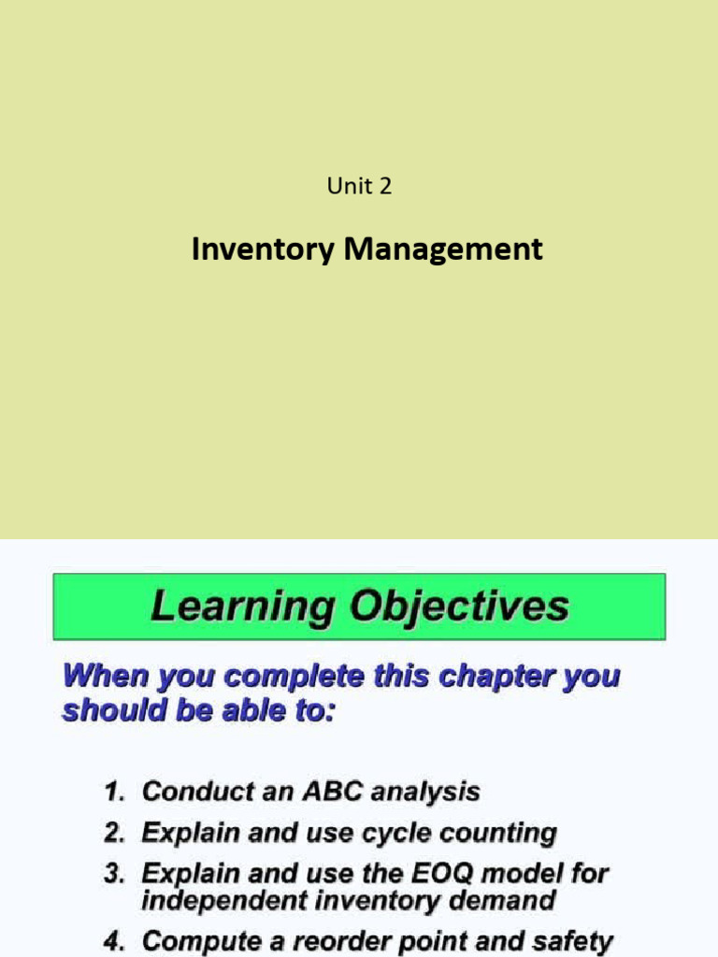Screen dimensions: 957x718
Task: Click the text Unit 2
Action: (x=359, y=187)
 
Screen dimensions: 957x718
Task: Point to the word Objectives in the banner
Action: (x=459, y=607)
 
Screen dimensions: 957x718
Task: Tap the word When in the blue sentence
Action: (x=100, y=676)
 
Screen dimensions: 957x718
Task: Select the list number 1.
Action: (x=113, y=793)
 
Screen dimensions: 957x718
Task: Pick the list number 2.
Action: (x=113, y=833)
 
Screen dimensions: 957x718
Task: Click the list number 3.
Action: (x=113, y=874)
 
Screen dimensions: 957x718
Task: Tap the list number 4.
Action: (x=113, y=941)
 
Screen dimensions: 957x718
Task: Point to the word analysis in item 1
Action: (x=425, y=793)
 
